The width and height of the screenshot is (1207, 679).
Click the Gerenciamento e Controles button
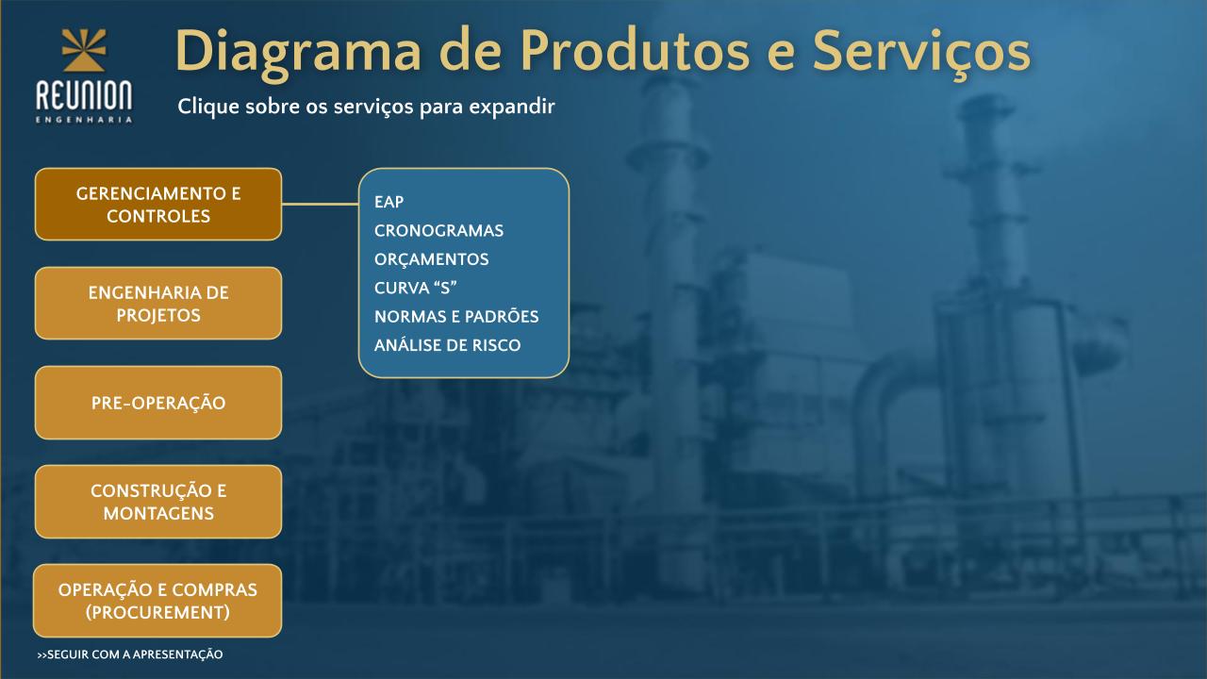157,205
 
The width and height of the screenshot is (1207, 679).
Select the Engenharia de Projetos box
157,304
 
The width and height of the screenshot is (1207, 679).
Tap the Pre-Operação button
157,403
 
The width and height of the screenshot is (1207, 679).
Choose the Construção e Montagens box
157,502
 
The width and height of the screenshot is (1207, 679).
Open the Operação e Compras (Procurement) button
157,601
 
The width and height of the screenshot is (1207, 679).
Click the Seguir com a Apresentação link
130,654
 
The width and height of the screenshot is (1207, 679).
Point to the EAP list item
389,202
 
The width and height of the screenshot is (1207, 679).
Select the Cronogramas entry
438,231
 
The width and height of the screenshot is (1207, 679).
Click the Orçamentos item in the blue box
431,259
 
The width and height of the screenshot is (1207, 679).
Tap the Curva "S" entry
416,288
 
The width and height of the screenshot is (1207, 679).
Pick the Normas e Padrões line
456,316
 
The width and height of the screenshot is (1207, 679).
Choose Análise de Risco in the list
447,345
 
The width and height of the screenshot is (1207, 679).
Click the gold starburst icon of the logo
84,50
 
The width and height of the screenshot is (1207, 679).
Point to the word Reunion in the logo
84,95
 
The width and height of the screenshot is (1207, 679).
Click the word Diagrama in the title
297,52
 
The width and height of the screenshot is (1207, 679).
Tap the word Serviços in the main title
921,52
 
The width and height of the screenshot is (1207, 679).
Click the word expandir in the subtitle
512,106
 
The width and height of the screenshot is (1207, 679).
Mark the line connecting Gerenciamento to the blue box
320,205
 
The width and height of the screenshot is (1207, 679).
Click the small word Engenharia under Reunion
84,120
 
